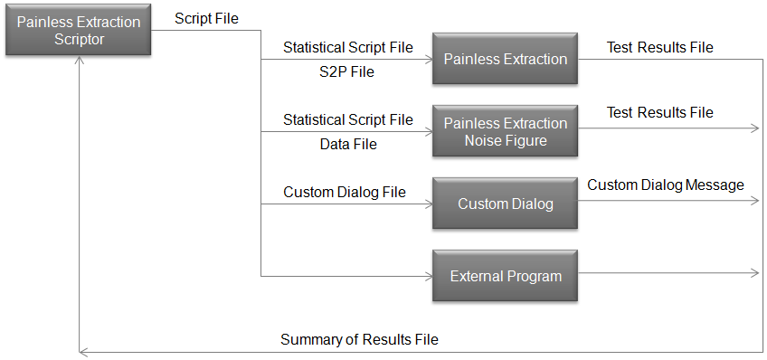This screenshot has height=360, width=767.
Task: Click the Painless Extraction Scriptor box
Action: click(79, 31)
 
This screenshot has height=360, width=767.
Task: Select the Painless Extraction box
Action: click(505, 60)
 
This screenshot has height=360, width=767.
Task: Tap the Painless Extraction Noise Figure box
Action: click(505, 131)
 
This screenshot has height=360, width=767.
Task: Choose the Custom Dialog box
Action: click(505, 204)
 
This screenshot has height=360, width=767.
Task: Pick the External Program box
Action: click(505, 276)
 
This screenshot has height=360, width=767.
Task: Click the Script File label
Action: click(206, 18)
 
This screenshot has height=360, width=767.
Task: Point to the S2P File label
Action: click(348, 73)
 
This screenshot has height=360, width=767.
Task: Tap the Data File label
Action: click(348, 144)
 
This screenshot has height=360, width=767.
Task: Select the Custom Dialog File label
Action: click(344, 192)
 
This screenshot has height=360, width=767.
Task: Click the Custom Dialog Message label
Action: click(666, 185)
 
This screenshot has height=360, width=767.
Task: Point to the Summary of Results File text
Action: click(359, 340)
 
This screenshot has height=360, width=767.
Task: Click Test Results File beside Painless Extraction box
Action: click(659, 47)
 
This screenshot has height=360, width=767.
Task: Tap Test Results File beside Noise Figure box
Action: click(659, 113)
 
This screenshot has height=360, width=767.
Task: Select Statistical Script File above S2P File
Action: click(348, 47)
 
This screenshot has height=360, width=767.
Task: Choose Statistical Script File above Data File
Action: click(348, 119)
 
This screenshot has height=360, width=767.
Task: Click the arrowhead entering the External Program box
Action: click(428, 276)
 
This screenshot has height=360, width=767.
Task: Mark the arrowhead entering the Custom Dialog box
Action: click(428, 204)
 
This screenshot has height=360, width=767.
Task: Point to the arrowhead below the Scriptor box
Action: click(80, 61)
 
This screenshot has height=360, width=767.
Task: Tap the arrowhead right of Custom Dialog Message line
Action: click(754, 200)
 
